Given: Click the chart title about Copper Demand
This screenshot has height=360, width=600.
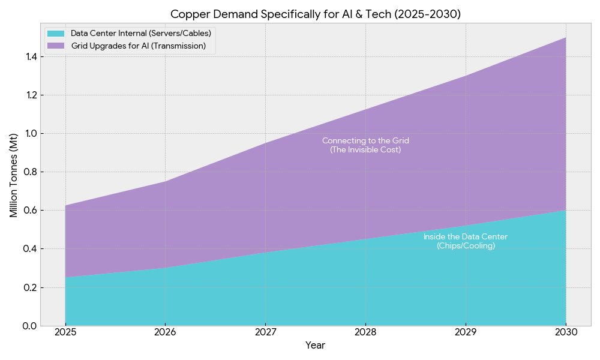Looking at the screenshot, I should [316, 14].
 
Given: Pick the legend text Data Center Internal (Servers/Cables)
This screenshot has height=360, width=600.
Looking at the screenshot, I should [140, 33].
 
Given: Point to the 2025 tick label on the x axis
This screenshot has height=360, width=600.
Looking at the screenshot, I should [65, 332].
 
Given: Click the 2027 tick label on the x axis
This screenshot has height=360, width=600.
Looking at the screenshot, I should [265, 332].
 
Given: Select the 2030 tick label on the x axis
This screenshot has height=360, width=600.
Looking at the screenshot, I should [566, 332].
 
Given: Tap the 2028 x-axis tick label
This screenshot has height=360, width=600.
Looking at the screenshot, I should [365, 332].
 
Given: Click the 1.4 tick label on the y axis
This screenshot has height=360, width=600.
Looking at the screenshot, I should [29, 56].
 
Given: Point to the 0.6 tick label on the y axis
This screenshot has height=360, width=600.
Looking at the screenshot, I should [29, 211].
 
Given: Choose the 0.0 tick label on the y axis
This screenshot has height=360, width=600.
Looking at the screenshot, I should [29, 326].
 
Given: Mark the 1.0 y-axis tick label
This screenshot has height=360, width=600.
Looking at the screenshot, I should [29, 133].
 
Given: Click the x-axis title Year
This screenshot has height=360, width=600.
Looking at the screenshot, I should [316, 346].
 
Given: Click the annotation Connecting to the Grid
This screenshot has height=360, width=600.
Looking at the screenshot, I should [365, 140].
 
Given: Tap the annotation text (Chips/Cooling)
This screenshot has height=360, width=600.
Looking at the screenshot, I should [466, 246].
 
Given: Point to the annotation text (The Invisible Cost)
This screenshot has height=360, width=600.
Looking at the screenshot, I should [365, 149].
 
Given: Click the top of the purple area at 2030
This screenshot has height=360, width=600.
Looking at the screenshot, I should [565, 38].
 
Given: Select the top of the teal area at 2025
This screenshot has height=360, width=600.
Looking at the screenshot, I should [65, 278].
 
